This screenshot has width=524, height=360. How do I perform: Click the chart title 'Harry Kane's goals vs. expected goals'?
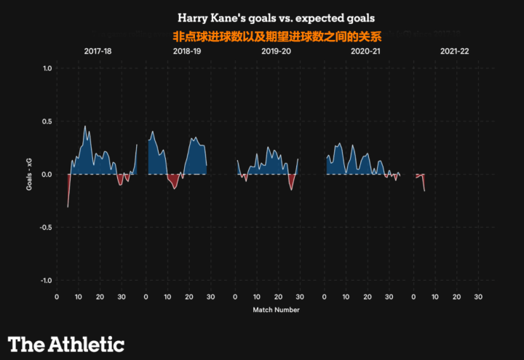pos(282,16)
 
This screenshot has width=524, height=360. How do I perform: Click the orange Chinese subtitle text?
pos(277,35)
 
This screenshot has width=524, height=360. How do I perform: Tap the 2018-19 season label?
pos(187,52)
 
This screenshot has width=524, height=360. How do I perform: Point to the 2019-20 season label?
pos(276,52)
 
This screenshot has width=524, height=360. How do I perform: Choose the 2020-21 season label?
pos(365,52)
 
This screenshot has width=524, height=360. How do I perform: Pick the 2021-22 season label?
pos(454,52)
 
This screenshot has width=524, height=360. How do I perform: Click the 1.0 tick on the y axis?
pos(47,68)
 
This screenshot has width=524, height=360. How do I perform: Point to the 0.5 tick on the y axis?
pos(47,121)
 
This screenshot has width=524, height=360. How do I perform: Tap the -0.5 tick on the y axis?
pos(45,228)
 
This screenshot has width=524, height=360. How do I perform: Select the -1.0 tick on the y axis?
pos(45,281)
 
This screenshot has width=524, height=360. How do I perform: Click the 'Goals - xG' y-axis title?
pos(30,175)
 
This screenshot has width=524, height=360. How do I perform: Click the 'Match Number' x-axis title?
pos(276,310)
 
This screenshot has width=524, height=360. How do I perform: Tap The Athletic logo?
pos(66,344)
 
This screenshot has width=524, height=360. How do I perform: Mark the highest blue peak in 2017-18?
pos(85,128)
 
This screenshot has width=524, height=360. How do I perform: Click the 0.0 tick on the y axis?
pos(47,175)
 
